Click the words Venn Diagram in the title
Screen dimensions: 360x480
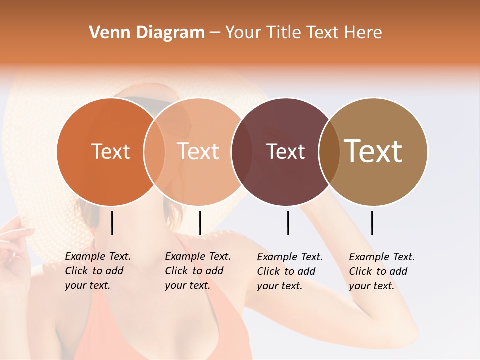pos(147,33)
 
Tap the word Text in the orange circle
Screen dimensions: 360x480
pos(110,152)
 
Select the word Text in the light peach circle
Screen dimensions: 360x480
pos(198,152)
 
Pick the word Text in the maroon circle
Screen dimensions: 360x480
pos(285,152)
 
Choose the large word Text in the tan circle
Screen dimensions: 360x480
pos(373,151)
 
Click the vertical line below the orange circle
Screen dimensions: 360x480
pos(112,223)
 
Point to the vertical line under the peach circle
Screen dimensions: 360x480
pos(200,223)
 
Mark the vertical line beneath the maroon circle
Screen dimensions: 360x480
pos(288,223)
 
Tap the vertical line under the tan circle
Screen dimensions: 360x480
pos(372,223)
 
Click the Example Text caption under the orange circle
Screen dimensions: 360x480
pos(97,271)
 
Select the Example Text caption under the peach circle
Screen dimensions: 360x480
pos(197,271)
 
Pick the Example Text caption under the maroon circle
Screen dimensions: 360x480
pos(289,271)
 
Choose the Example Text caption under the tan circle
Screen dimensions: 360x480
pos(381,271)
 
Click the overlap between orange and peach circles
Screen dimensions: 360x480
pos(154,152)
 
